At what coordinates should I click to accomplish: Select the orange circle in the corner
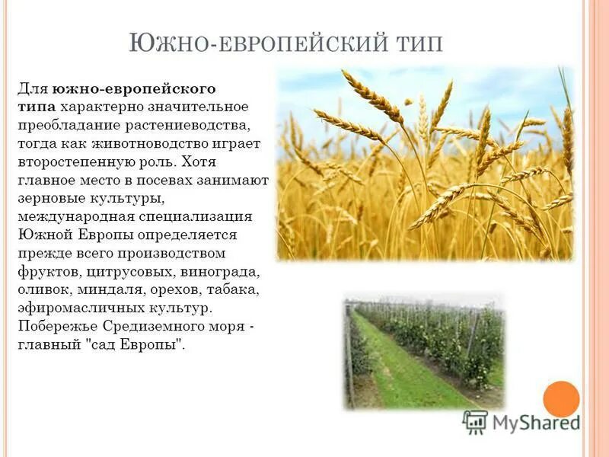561,398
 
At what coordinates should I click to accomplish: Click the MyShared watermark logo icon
475,421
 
